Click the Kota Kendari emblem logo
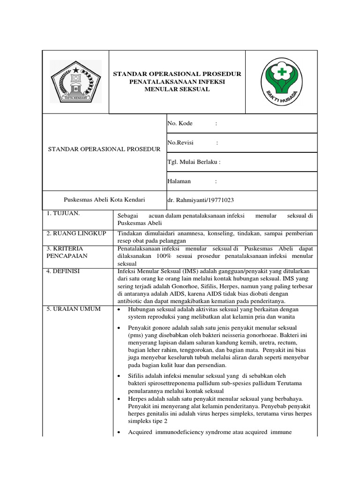click(75, 82)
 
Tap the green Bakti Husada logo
click(281, 82)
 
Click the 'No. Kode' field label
click(180, 123)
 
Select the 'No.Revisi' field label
click(180, 142)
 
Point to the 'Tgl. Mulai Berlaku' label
click(194, 162)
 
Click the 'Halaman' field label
click(179, 181)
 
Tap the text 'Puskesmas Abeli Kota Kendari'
click(105, 200)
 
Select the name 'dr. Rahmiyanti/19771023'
click(201, 200)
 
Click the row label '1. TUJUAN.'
click(63, 213)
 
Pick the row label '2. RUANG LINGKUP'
click(76, 233)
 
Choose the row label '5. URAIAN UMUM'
click(73, 309)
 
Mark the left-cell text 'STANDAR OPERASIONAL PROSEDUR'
click(105, 149)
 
